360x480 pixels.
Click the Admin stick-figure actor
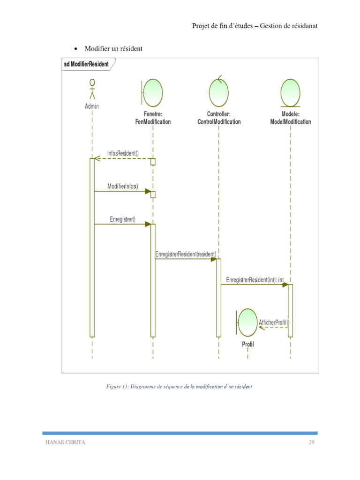[x=92, y=89]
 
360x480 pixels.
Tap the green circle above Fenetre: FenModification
[x=153, y=92]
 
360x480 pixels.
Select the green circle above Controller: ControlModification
[x=219, y=92]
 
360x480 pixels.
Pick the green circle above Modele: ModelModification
[x=291, y=92]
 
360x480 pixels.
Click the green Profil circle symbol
[x=247, y=322]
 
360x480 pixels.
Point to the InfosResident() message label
[x=123, y=153]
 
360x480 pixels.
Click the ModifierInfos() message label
[x=123, y=186]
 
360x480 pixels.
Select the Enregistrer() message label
[x=123, y=219]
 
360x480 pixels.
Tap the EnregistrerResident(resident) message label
[x=186, y=254]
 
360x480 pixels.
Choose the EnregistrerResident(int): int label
[x=255, y=280]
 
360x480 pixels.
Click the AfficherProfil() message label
[x=274, y=322]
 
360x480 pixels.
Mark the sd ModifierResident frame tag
[x=86, y=64]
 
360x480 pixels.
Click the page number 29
[x=311, y=442]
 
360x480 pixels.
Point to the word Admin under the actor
[x=92, y=106]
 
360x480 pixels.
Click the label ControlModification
[x=219, y=122]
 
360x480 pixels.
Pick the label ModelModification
[x=291, y=122]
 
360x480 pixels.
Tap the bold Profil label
[x=247, y=345]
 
